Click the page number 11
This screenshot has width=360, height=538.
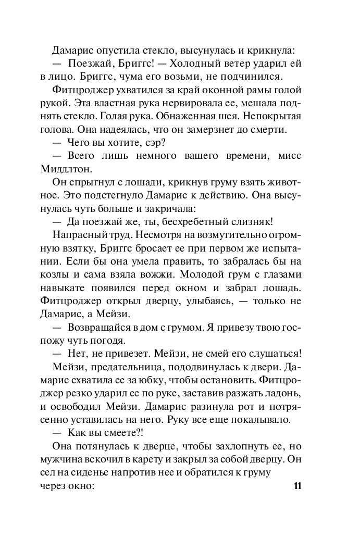tap(297, 486)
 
